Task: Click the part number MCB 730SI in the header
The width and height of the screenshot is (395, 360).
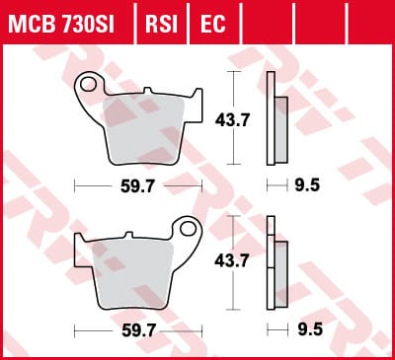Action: pos(61,24)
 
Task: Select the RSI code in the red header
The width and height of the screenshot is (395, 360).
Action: pos(161,24)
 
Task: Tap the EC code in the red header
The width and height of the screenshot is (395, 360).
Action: pos(213,24)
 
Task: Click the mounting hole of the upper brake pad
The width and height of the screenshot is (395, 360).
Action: pos(88,85)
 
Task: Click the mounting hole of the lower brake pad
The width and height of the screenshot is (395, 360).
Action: pos(188,229)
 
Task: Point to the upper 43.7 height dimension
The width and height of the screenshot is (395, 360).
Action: pos(232,120)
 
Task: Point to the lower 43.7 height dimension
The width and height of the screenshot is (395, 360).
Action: pos(232,261)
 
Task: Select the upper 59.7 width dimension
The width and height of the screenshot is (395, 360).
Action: pos(137,186)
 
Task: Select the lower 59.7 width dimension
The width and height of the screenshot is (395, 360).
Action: pos(138,330)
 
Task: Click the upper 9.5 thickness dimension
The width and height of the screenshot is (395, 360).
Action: pos(307,185)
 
